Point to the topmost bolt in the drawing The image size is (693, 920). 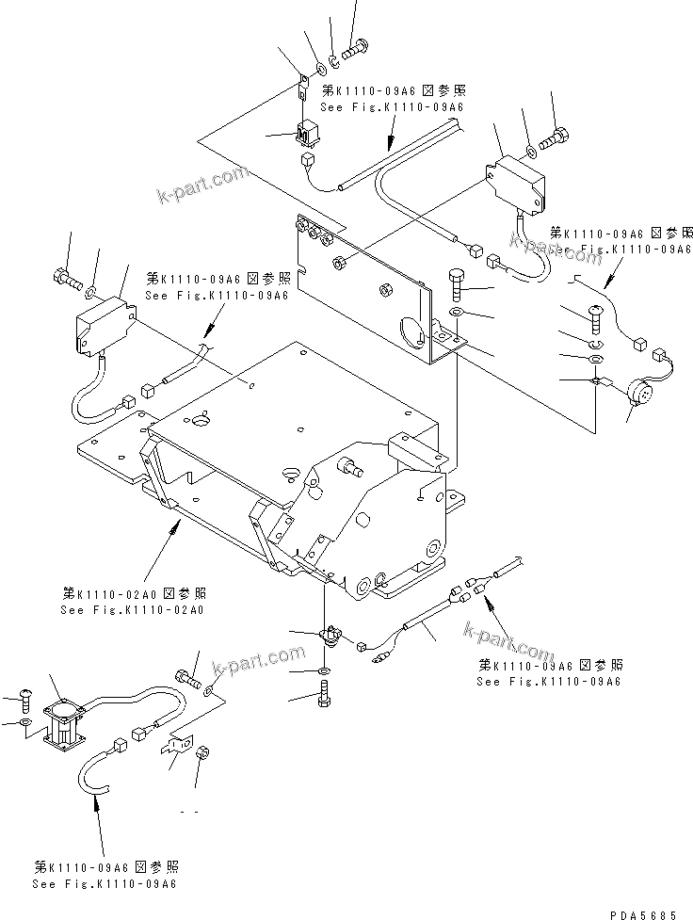[357, 44]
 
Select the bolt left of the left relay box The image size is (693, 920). [66, 279]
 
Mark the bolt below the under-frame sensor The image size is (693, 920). [325, 698]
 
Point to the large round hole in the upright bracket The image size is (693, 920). [411, 330]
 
